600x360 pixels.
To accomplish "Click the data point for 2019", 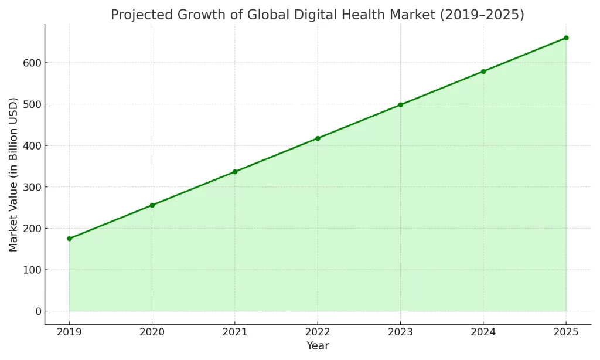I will point(69,239).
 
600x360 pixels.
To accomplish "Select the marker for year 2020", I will point(152,205).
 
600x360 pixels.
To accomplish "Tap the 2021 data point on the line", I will point(235,172).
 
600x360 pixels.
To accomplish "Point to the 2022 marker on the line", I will point(318,138).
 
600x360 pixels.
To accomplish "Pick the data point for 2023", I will point(400,105).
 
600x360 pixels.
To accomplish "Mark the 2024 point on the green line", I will point(483,72).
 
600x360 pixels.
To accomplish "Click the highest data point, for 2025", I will point(566,38).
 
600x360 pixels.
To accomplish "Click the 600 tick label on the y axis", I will point(28,63).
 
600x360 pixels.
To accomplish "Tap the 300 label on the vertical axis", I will point(28,187).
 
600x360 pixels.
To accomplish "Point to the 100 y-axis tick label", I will point(28,270).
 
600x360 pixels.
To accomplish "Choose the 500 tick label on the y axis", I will point(28,104).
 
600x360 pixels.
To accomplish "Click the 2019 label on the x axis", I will point(69,332).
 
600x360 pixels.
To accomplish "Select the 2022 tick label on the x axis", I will point(318,332).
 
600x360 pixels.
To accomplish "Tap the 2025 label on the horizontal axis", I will point(566,332).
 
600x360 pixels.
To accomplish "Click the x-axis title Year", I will point(318,346).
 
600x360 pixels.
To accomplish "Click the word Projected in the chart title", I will point(138,15).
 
